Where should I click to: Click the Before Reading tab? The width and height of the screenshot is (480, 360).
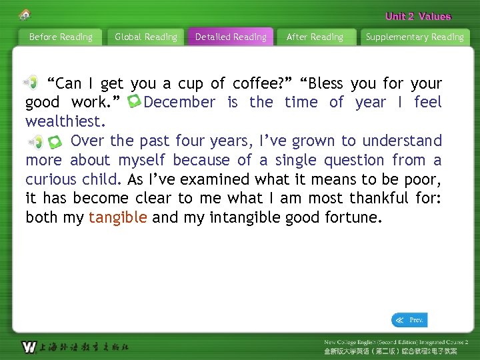pyautogui.click(x=61, y=37)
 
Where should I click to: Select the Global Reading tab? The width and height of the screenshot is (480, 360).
pyautogui.click(x=146, y=37)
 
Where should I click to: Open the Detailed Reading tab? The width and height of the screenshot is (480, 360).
pyautogui.click(x=231, y=37)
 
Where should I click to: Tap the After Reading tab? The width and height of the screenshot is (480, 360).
pyautogui.click(x=315, y=37)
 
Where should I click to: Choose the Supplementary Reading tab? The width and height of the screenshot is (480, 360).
pyautogui.click(x=415, y=37)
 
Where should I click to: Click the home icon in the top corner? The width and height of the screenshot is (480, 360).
pyautogui.click(x=25, y=14)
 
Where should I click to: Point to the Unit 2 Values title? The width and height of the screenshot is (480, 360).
pyautogui.click(x=418, y=17)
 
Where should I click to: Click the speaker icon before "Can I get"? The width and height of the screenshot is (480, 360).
pyautogui.click(x=31, y=82)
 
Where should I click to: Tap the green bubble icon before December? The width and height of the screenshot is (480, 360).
pyautogui.click(x=134, y=102)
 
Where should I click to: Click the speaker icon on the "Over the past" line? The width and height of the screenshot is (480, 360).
pyautogui.click(x=35, y=141)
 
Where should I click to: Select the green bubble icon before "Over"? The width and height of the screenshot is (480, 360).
pyautogui.click(x=56, y=141)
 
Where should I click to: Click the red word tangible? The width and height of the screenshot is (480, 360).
pyautogui.click(x=118, y=218)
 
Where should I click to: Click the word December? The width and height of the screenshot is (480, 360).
pyautogui.click(x=179, y=103)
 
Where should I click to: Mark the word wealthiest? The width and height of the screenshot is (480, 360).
pyautogui.click(x=65, y=122)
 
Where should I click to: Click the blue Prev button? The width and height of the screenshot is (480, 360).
pyautogui.click(x=409, y=321)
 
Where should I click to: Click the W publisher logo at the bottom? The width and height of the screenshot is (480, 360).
pyautogui.click(x=29, y=347)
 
